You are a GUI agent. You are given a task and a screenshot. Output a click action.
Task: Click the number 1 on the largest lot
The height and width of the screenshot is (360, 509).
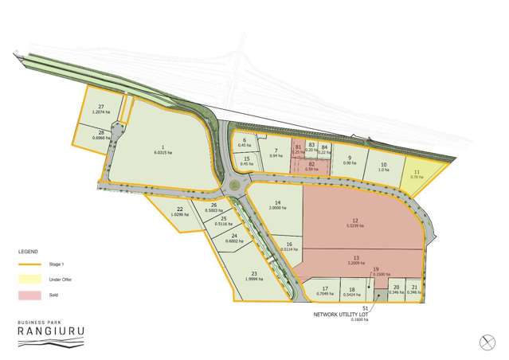pyautogui.click(x=162, y=147)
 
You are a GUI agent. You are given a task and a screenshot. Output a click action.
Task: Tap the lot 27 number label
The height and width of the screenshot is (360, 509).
pyautogui.click(x=101, y=108)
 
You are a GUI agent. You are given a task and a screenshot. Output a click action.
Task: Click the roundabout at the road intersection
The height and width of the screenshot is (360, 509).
pyautogui.click(x=235, y=186)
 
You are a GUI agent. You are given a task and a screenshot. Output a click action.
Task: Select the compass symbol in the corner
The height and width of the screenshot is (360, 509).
pyautogui.click(x=489, y=341)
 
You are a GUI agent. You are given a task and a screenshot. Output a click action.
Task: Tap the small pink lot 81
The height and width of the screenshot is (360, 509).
pyautogui.click(x=298, y=149)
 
